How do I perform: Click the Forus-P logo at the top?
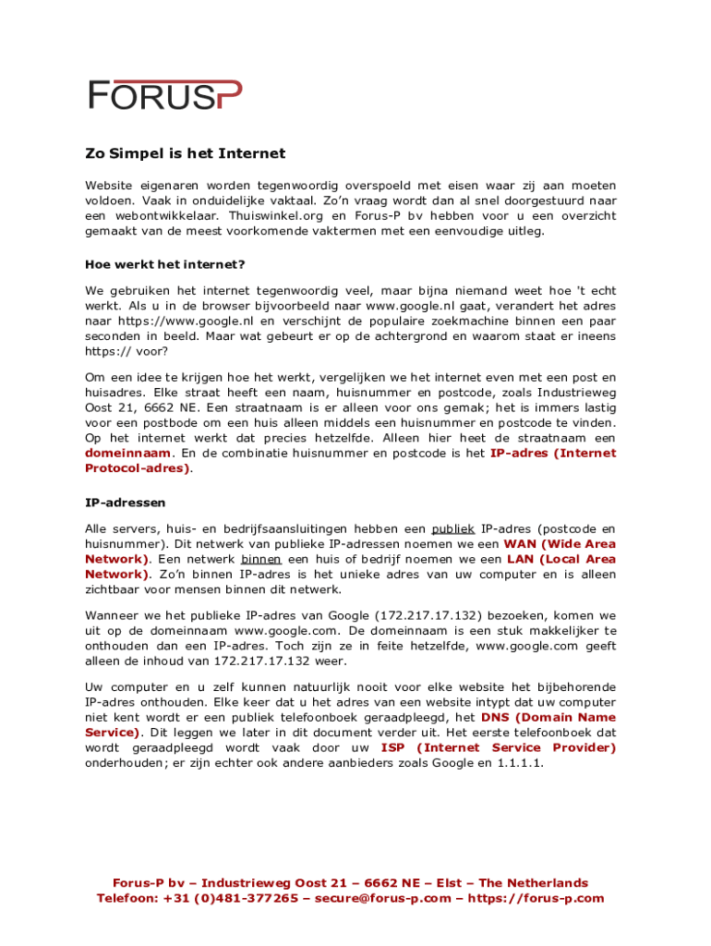coord(165,94)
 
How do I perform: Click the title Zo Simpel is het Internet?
coord(186,153)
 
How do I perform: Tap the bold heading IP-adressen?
coord(126,503)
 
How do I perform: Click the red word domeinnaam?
coord(127,454)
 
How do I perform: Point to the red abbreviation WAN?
coord(519,544)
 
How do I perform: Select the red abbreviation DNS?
coord(497,718)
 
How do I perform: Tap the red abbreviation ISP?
coord(392,747)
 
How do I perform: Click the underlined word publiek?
coord(452,529)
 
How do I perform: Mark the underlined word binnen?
coord(261,559)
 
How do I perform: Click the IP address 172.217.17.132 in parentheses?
coord(428,615)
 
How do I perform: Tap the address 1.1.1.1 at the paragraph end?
coord(521,763)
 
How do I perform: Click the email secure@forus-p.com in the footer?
coord(383,898)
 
